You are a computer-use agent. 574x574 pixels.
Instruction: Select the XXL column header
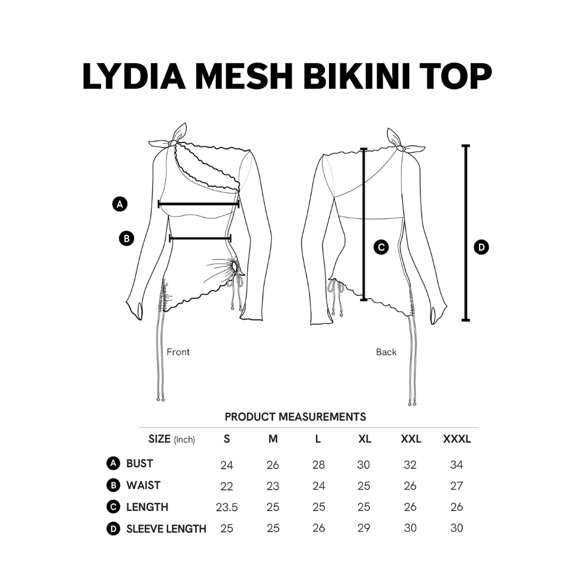pos(411,439)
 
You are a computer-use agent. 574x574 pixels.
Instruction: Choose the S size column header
pos(226,439)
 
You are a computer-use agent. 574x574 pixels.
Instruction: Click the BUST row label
pos(140,464)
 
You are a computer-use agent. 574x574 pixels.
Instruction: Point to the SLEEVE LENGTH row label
pos(166,529)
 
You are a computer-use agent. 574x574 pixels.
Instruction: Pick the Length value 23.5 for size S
pos(226,507)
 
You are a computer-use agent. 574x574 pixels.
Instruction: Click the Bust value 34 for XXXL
pos(456,465)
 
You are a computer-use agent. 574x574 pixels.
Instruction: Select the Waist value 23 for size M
pos(273,486)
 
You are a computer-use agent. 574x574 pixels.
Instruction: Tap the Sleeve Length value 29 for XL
pos(363,528)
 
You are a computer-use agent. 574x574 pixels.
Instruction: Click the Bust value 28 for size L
pos(318,465)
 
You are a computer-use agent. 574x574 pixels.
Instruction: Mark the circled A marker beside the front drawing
pos(120,204)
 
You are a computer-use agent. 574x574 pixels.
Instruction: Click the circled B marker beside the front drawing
pos(127,239)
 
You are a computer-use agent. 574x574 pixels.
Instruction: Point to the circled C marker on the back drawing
pos(381,247)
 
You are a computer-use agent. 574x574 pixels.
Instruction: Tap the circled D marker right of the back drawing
pos(481,247)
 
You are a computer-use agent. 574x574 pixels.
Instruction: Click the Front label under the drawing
pos(178,352)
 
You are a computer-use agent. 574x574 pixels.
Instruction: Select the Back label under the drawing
pos(386,352)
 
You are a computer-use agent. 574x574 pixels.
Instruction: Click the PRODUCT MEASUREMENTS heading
pos(295,417)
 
